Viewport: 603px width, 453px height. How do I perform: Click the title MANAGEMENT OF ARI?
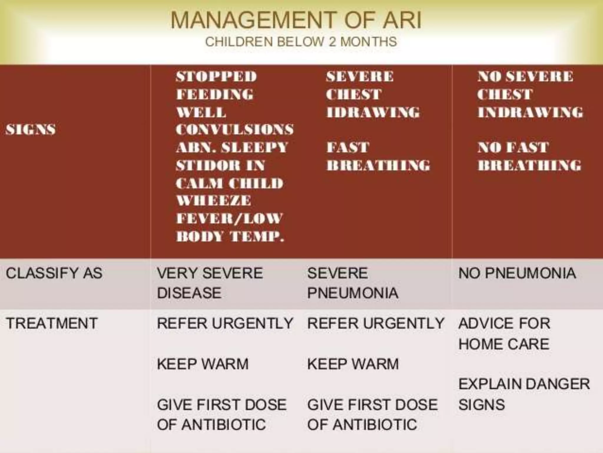[x=296, y=20]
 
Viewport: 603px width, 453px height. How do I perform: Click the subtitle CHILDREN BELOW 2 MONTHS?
[x=301, y=42]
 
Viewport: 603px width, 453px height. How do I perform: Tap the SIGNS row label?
[x=31, y=129]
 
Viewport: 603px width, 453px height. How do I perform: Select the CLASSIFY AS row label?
[x=54, y=273]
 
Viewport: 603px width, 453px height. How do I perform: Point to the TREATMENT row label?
[x=52, y=323]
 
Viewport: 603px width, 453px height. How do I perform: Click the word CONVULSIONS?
[x=235, y=129]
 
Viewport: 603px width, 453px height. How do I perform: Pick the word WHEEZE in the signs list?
[x=214, y=201]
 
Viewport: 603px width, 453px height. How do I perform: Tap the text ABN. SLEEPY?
[x=232, y=147]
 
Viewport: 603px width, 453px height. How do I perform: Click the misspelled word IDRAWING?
[x=373, y=112]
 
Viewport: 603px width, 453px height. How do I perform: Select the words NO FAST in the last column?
[x=513, y=147]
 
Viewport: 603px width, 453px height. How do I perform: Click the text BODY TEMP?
[x=230, y=236]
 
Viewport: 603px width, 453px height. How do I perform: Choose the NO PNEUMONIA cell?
[x=517, y=273]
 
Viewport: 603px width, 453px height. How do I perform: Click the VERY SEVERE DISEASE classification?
[x=209, y=283]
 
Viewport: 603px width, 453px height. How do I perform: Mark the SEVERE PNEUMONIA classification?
[x=352, y=283]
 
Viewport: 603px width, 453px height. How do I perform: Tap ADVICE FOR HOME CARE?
[x=504, y=333]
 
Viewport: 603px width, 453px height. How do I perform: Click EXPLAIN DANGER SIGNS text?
[x=524, y=394]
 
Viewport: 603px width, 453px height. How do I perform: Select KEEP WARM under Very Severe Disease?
[x=203, y=364]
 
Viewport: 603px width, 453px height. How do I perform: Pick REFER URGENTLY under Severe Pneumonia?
[x=375, y=323]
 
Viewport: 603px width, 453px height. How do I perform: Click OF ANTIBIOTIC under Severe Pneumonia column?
[x=362, y=425]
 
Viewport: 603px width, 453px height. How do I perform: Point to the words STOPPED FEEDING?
[x=216, y=86]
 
